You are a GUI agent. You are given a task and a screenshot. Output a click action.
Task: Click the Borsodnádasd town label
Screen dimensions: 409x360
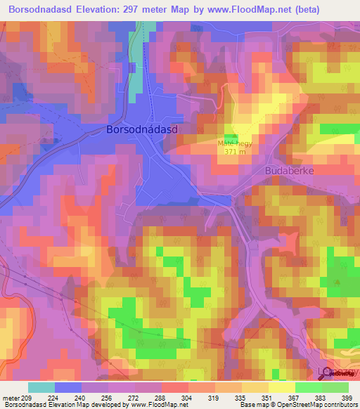point(141,130)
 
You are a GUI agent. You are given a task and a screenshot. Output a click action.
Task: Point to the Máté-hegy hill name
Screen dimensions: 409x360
point(234,143)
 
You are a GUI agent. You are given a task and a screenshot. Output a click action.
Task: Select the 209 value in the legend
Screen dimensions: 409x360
point(27,398)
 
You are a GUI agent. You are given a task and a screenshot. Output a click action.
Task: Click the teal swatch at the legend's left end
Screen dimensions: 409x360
point(41,387)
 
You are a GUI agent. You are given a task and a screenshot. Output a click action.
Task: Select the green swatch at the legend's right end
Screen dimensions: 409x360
point(335,387)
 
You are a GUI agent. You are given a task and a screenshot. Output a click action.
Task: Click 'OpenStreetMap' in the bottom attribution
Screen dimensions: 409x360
point(307,405)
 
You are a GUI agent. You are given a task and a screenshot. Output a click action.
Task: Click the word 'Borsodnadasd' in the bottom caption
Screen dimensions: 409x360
point(22,405)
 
